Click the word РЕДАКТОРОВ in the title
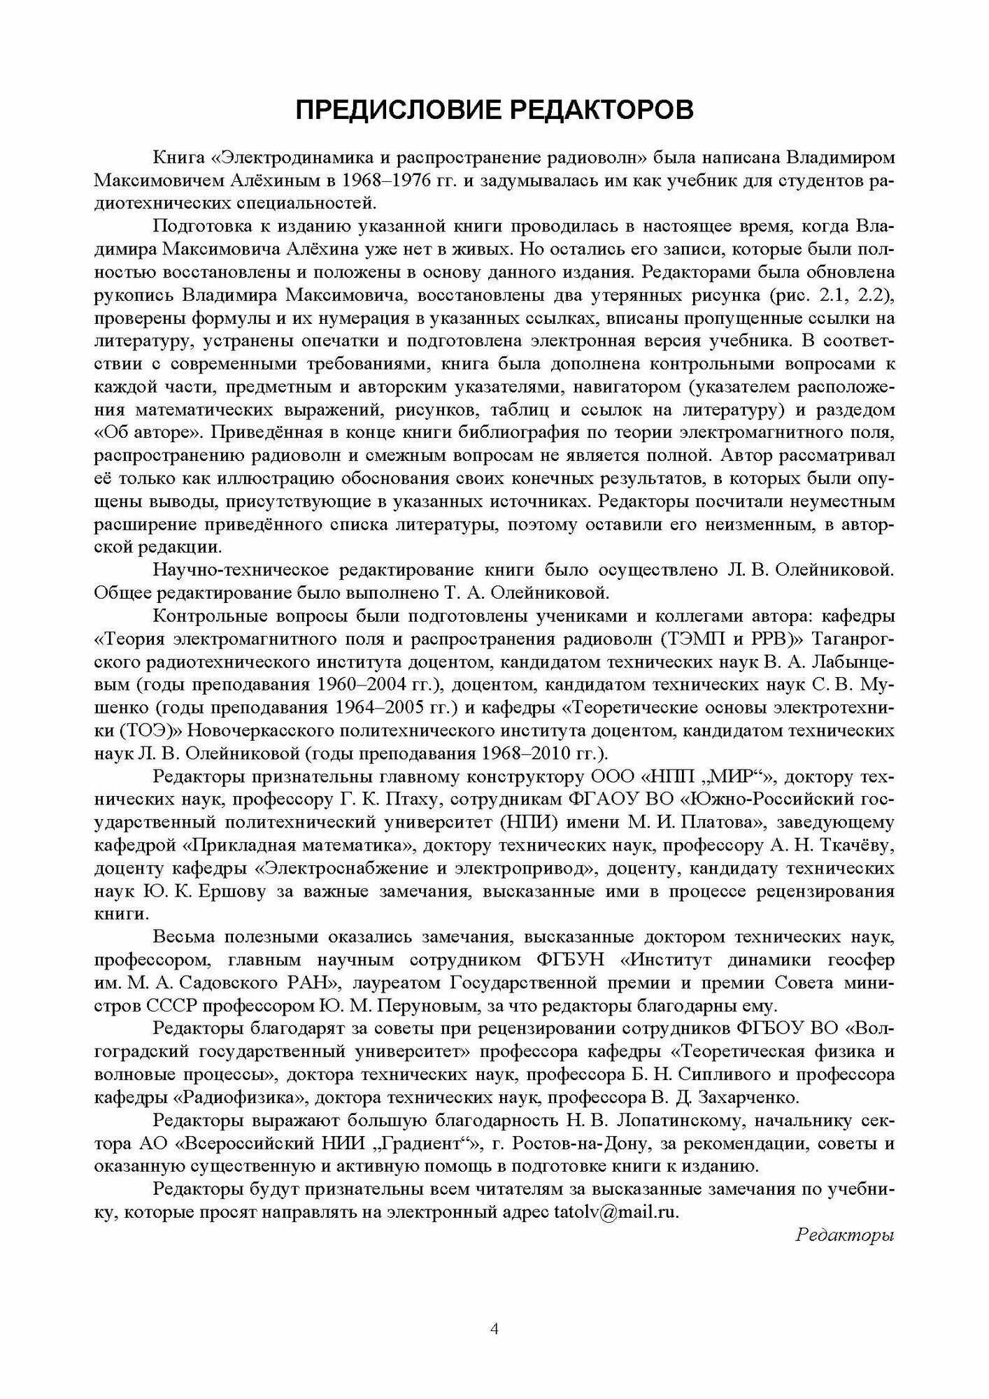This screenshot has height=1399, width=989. coord(595,111)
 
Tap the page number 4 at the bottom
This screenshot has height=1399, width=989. coord(494,1349)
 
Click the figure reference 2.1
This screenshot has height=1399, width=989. coord(828,294)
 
